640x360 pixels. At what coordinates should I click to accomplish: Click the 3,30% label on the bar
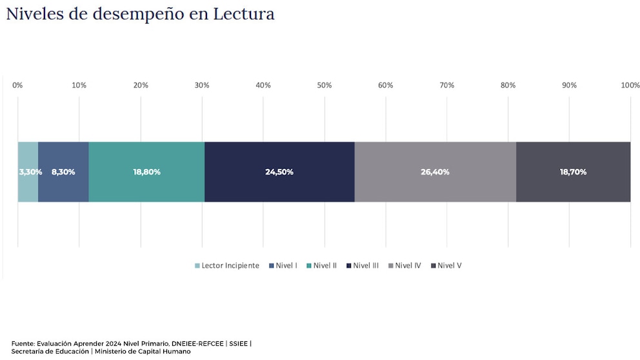tap(30, 172)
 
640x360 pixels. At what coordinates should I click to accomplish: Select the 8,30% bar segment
tap(63, 172)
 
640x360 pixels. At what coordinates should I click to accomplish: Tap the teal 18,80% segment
tap(146, 172)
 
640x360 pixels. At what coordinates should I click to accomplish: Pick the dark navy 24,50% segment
tap(279, 172)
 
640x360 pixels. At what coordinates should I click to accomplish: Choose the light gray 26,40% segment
tap(435, 172)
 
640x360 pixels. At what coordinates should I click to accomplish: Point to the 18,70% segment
tap(573, 172)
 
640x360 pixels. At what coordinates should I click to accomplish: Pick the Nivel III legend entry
tap(365, 266)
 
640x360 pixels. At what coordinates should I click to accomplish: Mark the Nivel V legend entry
tap(449, 266)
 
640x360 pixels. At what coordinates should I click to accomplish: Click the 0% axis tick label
tap(18, 85)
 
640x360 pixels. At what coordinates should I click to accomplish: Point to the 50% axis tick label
tap(325, 85)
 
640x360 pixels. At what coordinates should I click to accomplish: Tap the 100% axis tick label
tap(630, 85)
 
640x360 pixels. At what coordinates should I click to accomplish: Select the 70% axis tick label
tap(447, 85)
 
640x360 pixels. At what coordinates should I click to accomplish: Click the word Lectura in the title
tap(240, 14)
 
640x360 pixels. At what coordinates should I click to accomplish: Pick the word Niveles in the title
tap(35, 14)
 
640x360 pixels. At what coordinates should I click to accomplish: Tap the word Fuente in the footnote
tap(23, 343)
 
